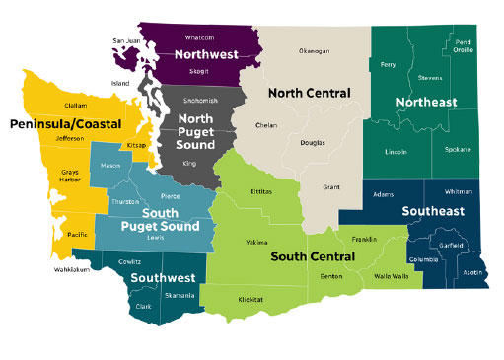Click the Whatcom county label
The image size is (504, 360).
click(200, 38)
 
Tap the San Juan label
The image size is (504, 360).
click(127, 40)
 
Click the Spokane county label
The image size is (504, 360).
click(458, 149)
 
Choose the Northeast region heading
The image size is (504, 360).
click(426, 103)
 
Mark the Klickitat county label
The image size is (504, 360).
click(252, 297)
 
